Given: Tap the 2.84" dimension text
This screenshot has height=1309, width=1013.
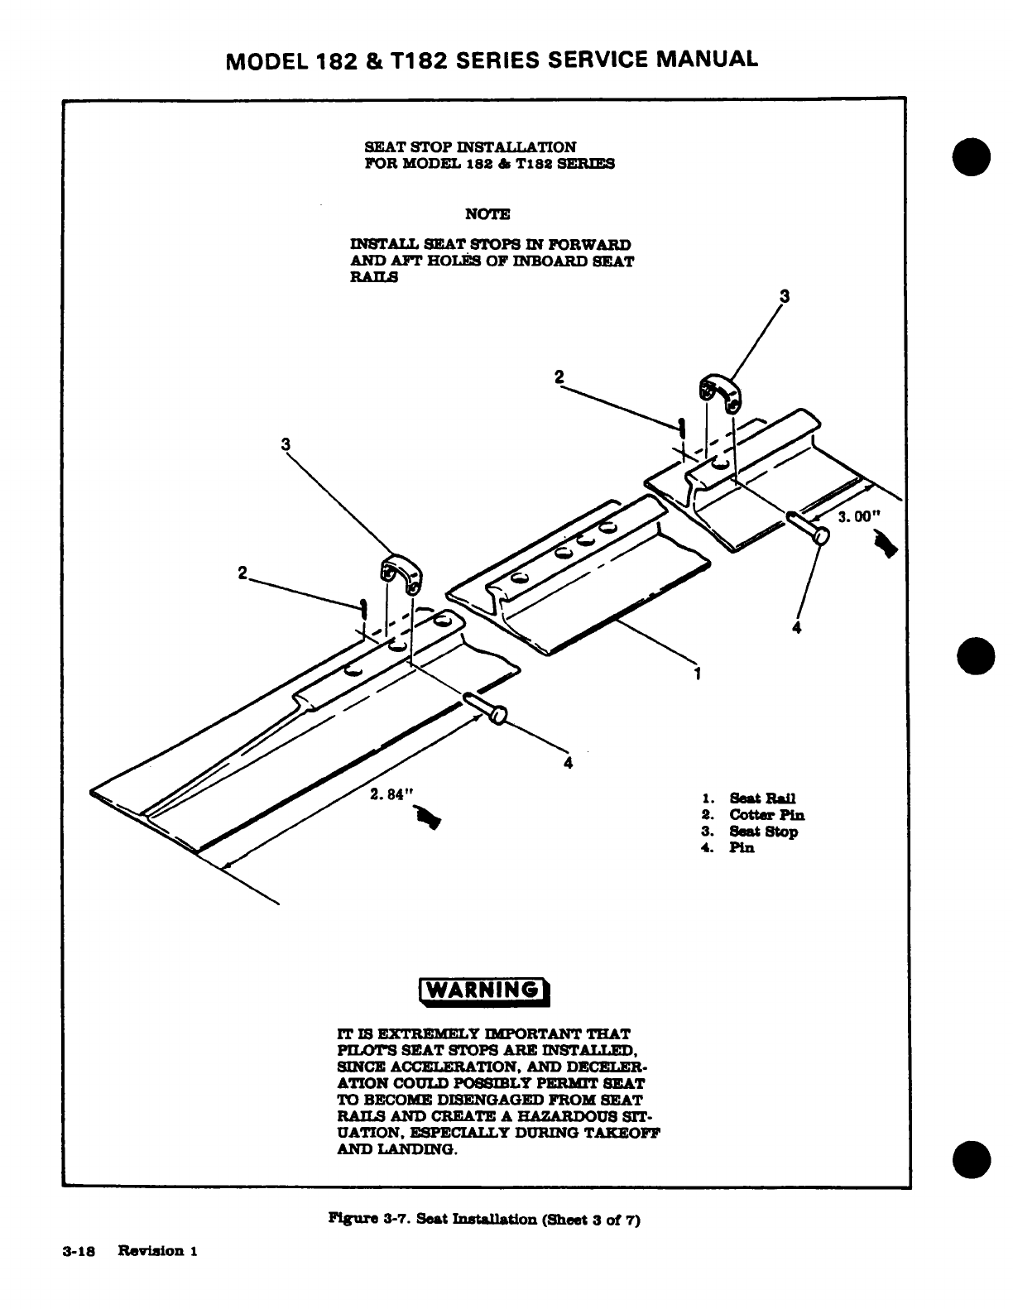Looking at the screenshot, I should coord(390,794).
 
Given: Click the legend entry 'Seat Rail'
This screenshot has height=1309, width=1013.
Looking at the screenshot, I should coord(761,798).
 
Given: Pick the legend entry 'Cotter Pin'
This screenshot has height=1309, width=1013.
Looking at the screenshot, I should coord(766,815).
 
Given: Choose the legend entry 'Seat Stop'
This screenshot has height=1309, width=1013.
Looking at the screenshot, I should coord(763,832).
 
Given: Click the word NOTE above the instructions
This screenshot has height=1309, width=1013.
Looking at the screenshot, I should coord(487,214).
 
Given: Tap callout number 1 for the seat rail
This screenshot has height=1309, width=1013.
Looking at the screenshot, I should coord(698,674).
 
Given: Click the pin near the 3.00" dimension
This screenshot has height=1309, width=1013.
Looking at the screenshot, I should coord(808,527).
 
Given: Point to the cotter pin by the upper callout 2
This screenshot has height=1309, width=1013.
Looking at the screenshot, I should coord(680,428).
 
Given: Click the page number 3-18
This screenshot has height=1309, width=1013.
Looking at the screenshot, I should coord(79,1251).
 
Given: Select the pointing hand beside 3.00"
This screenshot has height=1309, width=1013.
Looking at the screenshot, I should coord(887,546).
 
